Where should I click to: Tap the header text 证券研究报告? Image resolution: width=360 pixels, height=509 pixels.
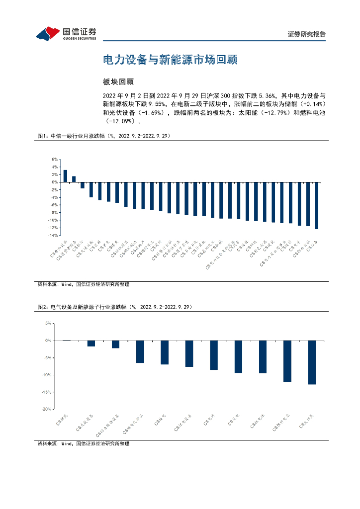click(306, 34)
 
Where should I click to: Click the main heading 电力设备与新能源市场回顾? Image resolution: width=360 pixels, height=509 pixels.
click(170, 60)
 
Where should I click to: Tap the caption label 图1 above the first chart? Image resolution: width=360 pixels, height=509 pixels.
click(42, 136)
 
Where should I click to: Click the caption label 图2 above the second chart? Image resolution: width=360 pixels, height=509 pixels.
click(42, 308)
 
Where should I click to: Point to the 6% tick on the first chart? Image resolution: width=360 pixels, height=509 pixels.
click(55, 159)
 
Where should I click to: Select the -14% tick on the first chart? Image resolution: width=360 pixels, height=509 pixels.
click(53, 235)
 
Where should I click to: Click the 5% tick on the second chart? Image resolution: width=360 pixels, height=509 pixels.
click(49, 323)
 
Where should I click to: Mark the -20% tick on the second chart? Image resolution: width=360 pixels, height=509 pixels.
click(47, 409)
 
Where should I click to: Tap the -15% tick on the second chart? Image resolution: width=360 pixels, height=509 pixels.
click(47, 392)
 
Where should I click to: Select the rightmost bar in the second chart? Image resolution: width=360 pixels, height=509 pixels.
click(312, 362)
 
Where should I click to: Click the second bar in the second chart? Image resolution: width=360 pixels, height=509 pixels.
click(91, 343)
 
